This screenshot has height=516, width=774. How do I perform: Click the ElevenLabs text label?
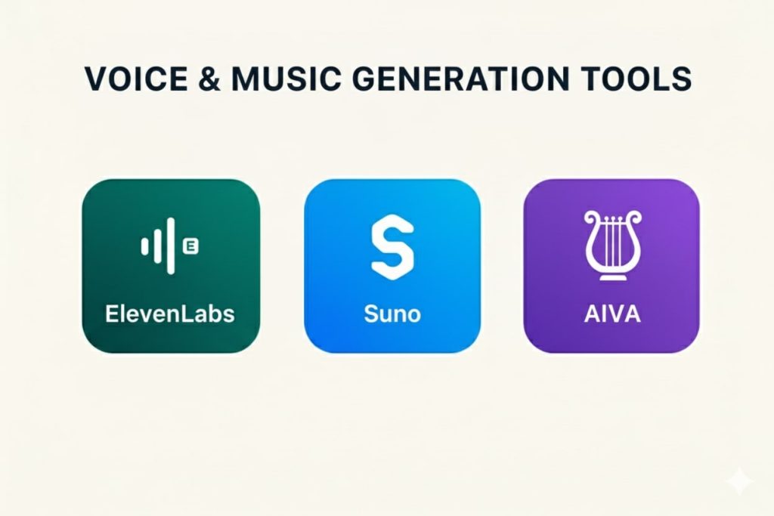(170, 313)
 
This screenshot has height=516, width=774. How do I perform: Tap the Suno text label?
(392, 313)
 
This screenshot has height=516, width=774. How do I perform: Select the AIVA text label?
(612, 313)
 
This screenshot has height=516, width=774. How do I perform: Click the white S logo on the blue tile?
(392, 247)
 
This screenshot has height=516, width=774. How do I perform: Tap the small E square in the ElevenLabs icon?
(190, 246)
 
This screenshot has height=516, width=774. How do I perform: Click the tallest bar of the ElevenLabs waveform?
(171, 246)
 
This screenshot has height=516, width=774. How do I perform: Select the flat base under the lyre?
(612, 277)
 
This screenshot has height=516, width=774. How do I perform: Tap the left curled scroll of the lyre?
(590, 218)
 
